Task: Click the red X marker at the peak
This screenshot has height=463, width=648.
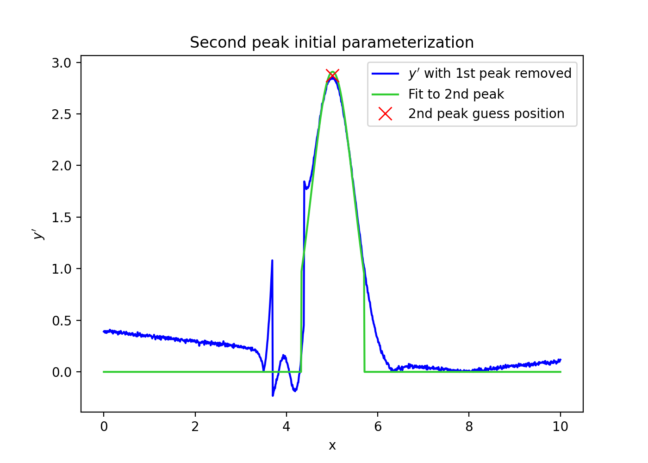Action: click(x=332, y=75)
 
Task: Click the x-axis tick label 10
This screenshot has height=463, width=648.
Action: click(x=560, y=426)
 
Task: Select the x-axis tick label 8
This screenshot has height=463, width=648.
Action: click(x=469, y=426)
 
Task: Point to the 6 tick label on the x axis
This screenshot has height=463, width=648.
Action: click(x=378, y=426)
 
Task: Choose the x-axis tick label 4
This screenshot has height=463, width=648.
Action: click(x=287, y=426)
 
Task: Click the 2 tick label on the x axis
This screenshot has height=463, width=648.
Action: click(x=195, y=426)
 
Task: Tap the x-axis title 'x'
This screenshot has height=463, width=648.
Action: click(x=332, y=445)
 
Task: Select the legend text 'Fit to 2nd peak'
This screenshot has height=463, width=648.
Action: click(x=456, y=94)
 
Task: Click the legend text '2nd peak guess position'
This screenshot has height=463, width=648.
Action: click(x=486, y=114)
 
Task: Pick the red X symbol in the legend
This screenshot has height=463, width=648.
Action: click(x=385, y=114)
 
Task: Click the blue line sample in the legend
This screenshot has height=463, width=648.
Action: click(x=385, y=74)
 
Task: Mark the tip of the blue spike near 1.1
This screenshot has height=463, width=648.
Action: click(x=272, y=261)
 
